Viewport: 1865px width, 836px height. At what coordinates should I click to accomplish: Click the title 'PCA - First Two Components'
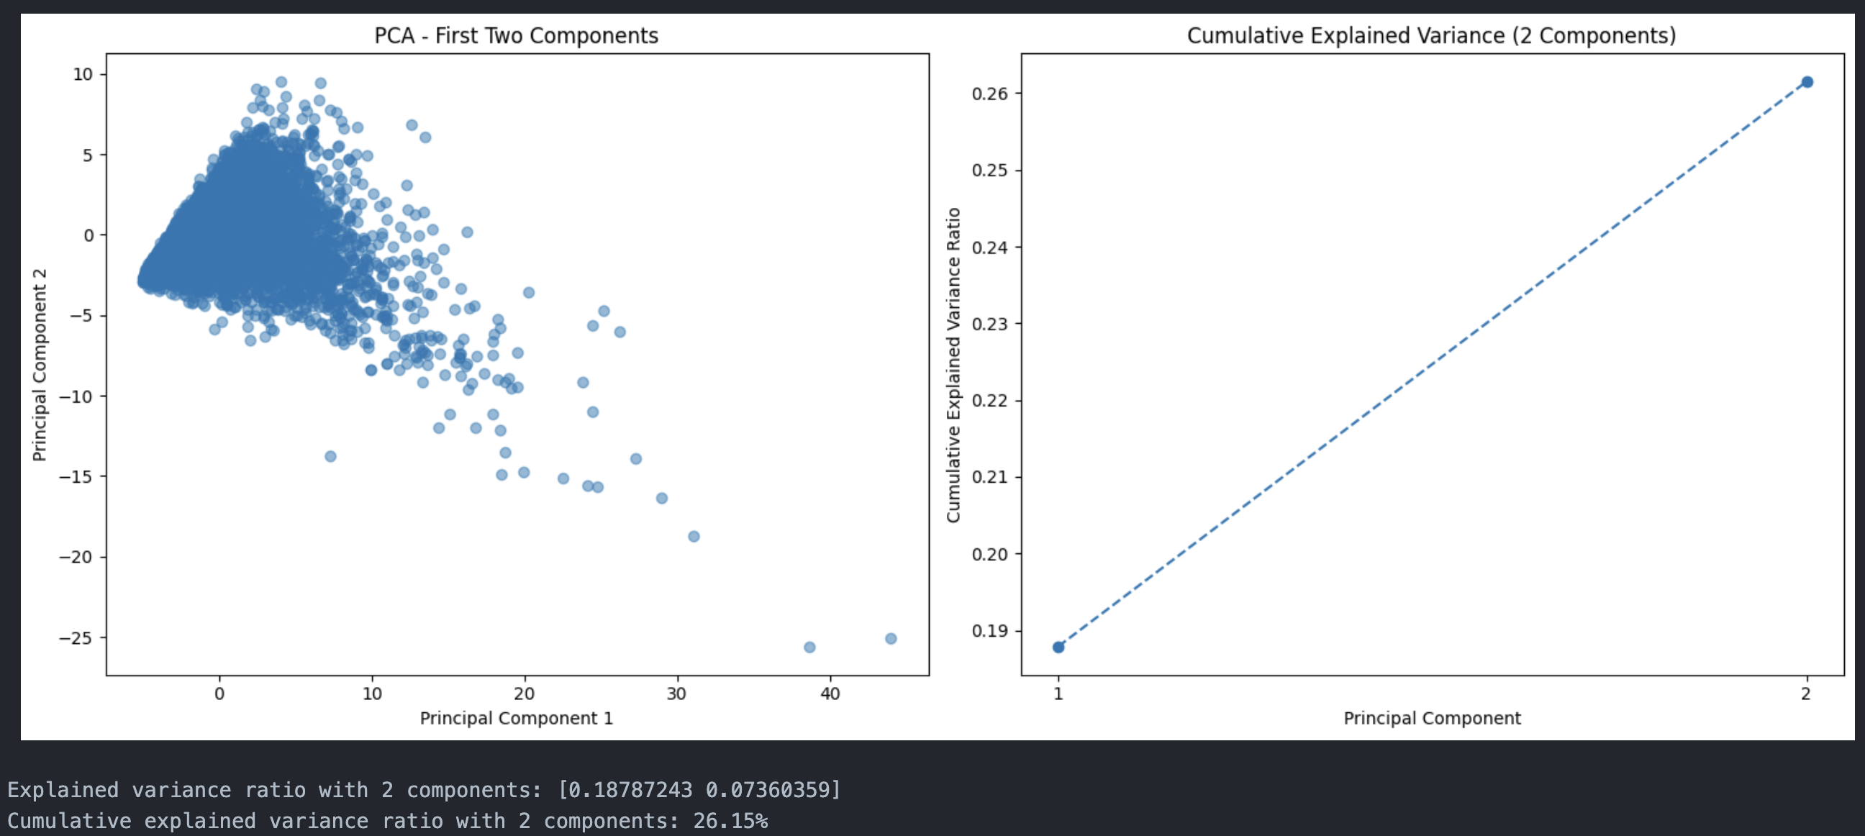515,35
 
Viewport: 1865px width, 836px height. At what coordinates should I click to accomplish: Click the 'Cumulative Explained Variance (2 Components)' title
1430,35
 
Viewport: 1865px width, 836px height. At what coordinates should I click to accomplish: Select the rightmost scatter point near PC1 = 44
891,638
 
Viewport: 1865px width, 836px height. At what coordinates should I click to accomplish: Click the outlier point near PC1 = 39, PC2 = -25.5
809,647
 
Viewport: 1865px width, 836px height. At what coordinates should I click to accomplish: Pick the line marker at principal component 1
1058,647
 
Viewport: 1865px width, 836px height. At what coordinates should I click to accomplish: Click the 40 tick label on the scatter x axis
830,694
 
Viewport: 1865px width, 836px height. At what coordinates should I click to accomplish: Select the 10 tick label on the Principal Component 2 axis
83,74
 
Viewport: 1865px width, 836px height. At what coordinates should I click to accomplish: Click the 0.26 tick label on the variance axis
989,94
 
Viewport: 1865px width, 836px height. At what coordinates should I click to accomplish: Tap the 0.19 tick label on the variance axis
989,630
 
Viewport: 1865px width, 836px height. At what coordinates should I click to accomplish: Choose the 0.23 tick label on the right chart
989,324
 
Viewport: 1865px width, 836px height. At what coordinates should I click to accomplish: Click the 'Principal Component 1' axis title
516,718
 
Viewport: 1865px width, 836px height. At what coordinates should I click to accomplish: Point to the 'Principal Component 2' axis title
39,365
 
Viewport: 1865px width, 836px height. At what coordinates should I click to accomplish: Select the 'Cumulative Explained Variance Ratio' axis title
953,365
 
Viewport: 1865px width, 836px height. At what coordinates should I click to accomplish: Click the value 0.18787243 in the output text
629,790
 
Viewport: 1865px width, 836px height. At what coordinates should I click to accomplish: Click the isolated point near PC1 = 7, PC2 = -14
330,456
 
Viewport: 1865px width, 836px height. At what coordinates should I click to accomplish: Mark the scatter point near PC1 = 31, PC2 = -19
694,536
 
